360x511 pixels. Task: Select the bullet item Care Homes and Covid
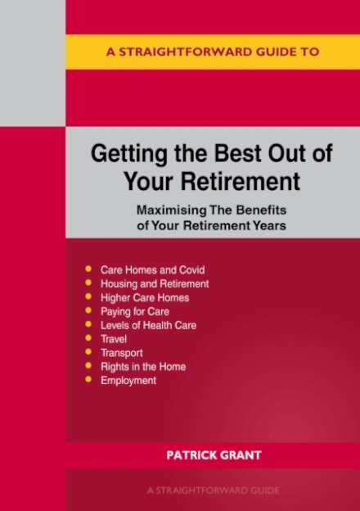[x=152, y=269]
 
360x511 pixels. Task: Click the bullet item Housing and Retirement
[x=155, y=283]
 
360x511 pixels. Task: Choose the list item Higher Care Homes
[x=145, y=297]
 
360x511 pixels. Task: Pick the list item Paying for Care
[x=136, y=311]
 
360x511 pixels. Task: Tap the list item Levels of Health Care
[x=148, y=325]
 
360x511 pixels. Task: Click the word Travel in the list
[x=114, y=339]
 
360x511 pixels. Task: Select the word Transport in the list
[x=121, y=353]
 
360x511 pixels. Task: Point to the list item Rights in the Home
[x=142, y=367]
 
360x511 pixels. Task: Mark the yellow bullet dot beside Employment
[x=88, y=381]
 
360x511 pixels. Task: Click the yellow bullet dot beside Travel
[x=88, y=339]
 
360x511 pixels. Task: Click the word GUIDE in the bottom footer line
[x=263, y=490]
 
